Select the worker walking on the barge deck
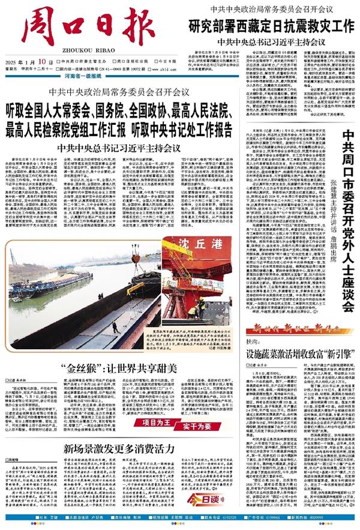pyautogui.click(x=114, y=327)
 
